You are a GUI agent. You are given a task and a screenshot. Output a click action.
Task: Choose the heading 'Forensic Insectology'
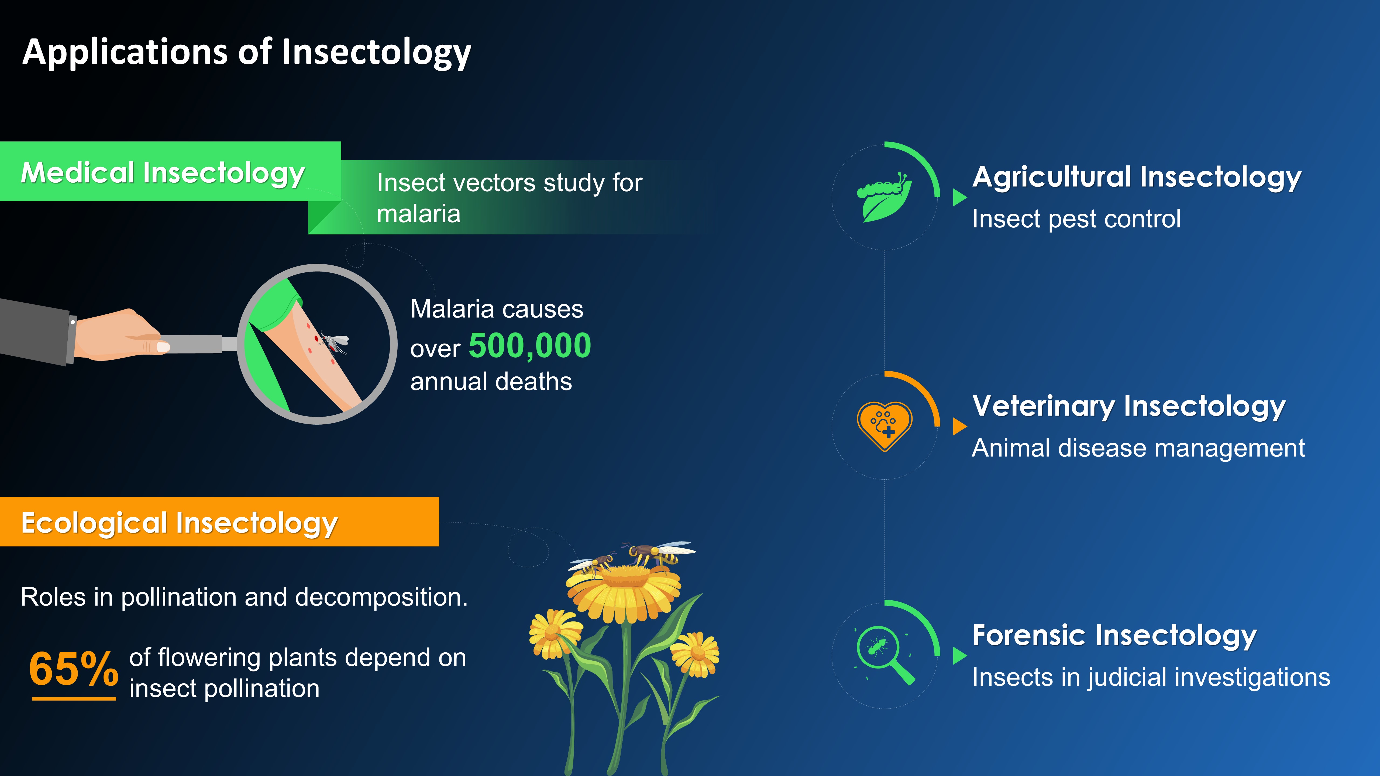click(x=1114, y=636)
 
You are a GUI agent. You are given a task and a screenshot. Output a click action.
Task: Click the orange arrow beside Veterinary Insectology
click(x=959, y=427)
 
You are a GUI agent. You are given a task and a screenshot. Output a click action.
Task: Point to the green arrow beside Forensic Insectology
click(x=959, y=656)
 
